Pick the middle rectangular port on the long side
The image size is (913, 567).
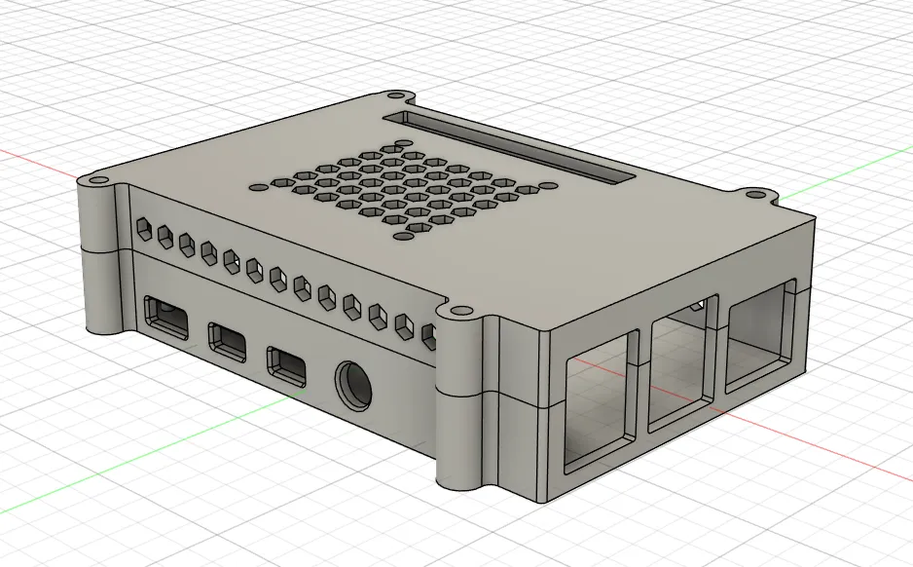pos(228,339)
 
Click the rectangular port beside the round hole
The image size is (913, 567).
pos(288,363)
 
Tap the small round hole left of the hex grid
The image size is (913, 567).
pos(258,185)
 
